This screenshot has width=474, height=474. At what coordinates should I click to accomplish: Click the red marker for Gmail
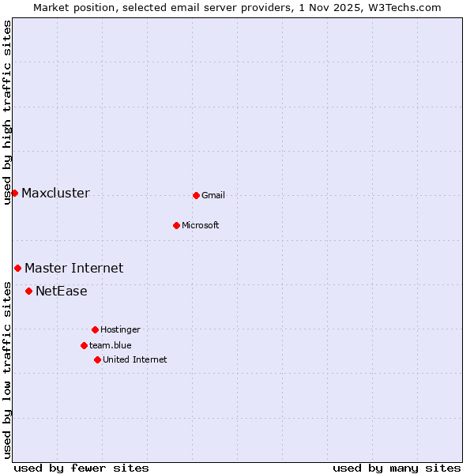pos(196,195)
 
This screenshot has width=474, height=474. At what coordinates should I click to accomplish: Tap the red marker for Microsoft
pos(176,225)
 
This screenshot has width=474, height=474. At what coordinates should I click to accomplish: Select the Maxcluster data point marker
pos(14,193)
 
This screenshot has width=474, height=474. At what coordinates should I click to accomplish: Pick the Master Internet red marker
pos(17,268)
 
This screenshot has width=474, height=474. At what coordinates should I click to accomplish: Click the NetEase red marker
pos(28,291)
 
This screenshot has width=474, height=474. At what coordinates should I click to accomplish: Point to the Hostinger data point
pos(95,329)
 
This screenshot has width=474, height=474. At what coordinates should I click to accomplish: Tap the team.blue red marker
pos(84,345)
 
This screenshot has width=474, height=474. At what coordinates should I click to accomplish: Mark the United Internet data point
pos(97,359)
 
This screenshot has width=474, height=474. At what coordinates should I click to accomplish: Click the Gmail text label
pos(213,195)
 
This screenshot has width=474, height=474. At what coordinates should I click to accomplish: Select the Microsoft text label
pos(201,225)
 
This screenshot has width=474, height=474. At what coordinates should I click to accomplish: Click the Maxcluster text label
pos(55,194)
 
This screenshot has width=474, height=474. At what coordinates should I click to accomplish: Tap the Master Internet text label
pos(73,269)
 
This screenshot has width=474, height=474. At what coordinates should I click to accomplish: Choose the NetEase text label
pos(61,292)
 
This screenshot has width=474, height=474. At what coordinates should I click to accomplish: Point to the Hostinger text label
pos(120,329)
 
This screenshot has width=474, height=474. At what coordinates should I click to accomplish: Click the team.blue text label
pos(111,345)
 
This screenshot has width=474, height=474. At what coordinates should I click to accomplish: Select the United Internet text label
pos(135,359)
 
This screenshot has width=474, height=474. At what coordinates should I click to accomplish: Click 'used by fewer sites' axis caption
pos(81,468)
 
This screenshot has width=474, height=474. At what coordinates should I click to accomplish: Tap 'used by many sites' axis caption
pos(397,468)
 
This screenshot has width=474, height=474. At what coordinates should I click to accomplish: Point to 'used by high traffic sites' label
pos(7,113)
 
